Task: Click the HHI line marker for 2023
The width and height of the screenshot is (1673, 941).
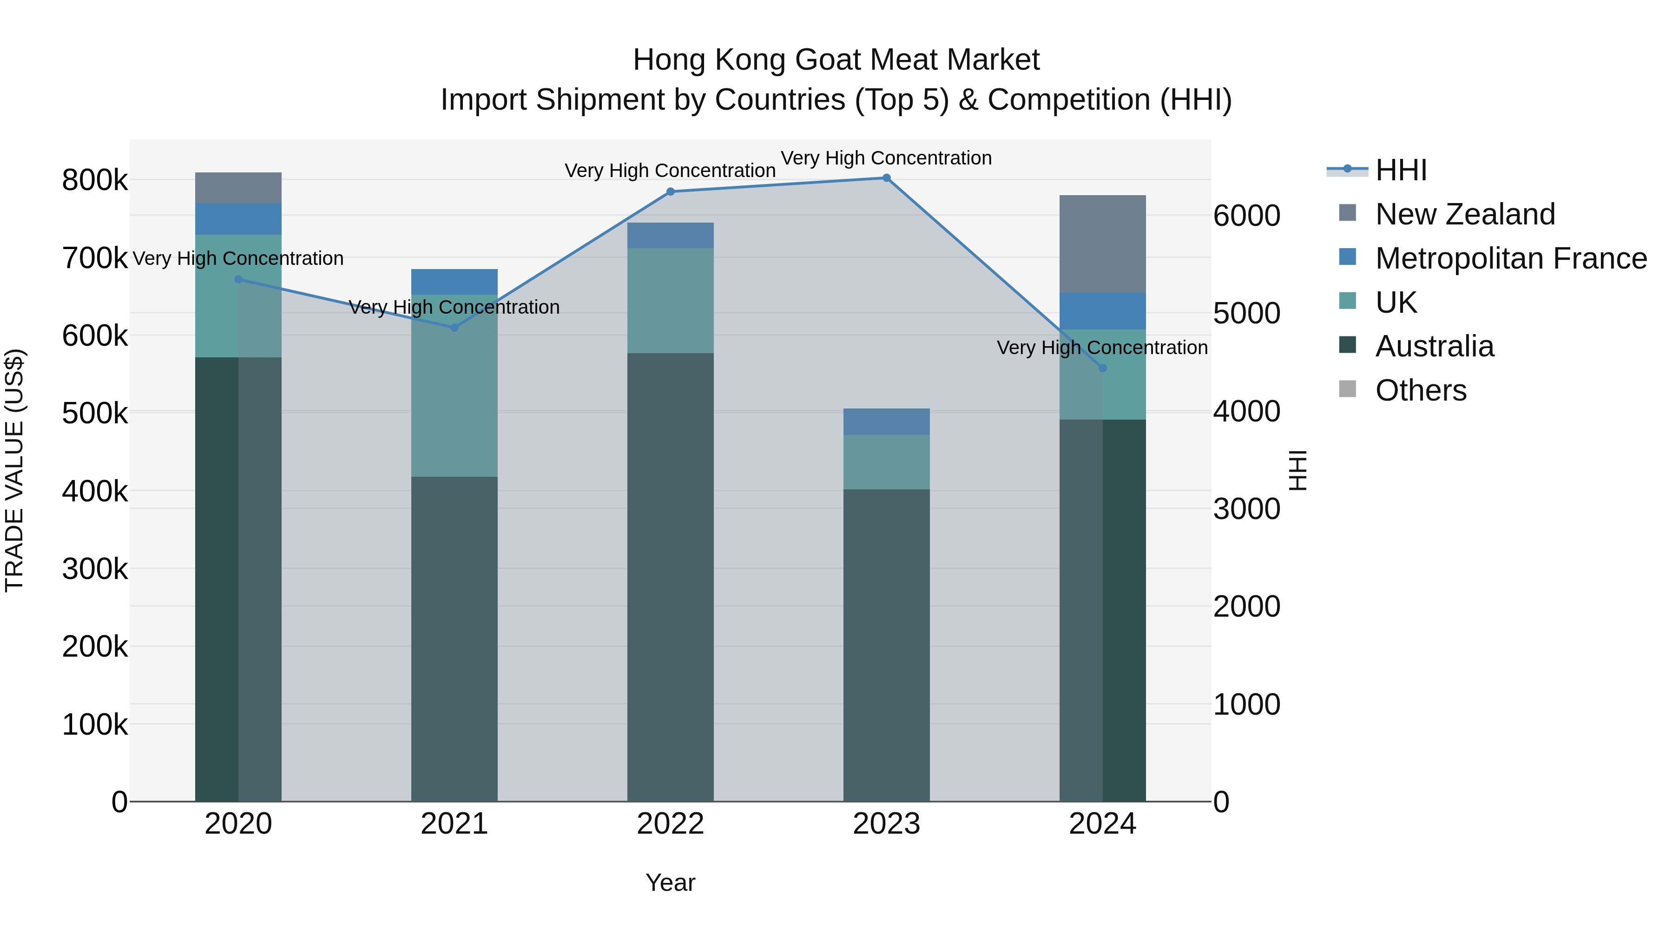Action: pyautogui.click(x=887, y=178)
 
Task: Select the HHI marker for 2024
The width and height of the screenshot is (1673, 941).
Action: pyautogui.click(x=1103, y=368)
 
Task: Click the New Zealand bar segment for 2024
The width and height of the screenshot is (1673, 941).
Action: pyautogui.click(x=1103, y=243)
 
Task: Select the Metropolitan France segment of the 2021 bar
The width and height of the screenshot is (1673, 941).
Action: pyautogui.click(x=454, y=282)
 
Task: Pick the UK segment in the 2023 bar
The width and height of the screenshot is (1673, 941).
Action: pyautogui.click(x=887, y=462)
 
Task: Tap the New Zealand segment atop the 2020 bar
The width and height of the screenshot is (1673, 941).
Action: pyautogui.click(x=238, y=188)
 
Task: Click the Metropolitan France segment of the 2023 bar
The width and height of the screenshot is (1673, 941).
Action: pyautogui.click(x=887, y=421)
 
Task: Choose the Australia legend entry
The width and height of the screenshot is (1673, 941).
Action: pyautogui.click(x=1435, y=346)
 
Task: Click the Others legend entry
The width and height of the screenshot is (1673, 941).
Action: pyautogui.click(x=1420, y=390)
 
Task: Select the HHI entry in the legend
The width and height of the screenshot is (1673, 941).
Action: pyautogui.click(x=1401, y=170)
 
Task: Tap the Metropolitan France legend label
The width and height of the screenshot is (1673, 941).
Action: pyautogui.click(x=1511, y=258)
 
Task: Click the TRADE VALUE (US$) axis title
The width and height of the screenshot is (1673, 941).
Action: pyautogui.click(x=15, y=470)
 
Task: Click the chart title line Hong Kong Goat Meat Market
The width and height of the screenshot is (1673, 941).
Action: pyautogui.click(x=836, y=60)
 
